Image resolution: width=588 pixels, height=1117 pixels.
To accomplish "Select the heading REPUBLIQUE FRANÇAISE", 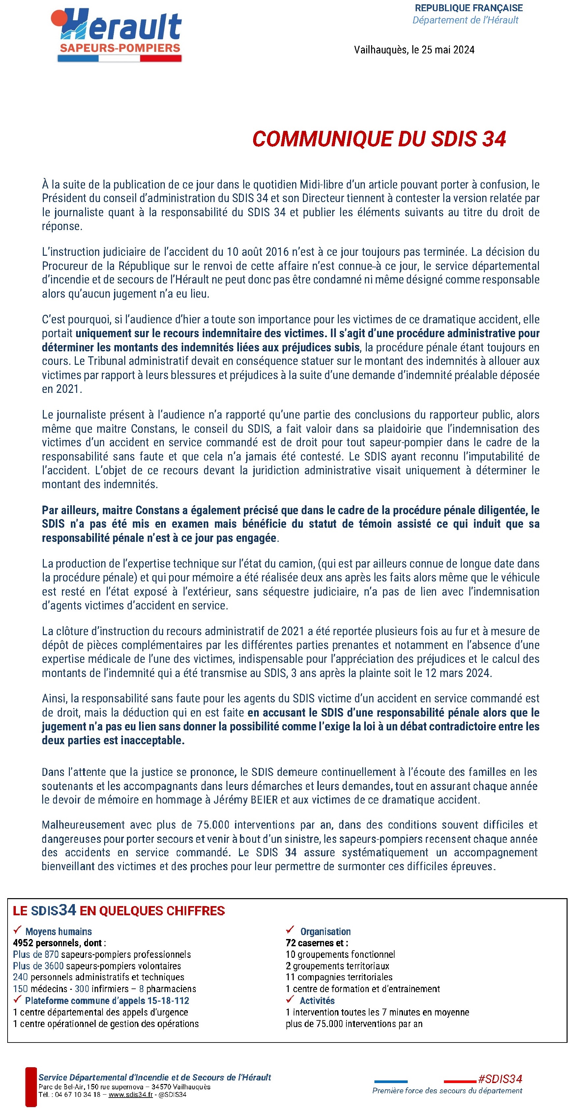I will point(468,8).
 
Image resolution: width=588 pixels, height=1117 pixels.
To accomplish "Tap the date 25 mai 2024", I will point(448,50).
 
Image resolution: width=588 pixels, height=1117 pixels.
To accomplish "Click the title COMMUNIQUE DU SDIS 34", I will point(379,139).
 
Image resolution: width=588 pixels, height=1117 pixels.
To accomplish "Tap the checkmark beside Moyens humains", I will point(17,930).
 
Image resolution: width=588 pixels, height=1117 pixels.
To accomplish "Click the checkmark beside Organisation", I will point(290,930).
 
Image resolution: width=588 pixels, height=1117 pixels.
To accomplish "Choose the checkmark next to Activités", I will point(290,999).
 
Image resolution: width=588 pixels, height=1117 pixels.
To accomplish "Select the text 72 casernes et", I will point(316,943).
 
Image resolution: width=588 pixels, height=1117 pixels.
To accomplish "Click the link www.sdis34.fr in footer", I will point(130,1095).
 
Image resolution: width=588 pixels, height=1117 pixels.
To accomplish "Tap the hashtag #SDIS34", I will point(500,1078).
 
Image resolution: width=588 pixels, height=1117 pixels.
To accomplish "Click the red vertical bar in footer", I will point(31,1087).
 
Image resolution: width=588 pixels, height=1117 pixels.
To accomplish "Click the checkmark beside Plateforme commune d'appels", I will point(17,999).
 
